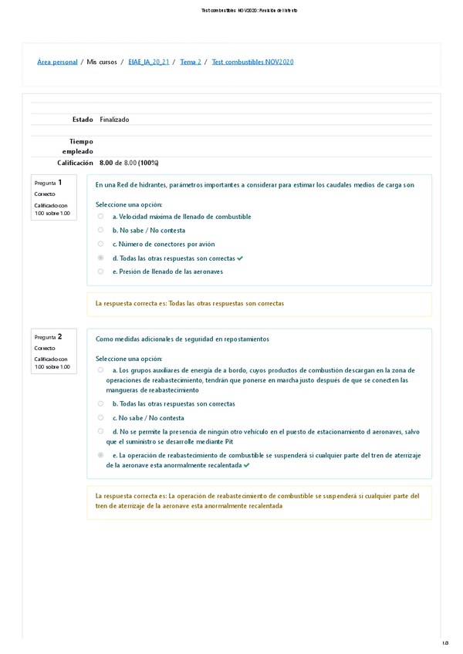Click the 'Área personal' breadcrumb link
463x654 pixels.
coord(57,62)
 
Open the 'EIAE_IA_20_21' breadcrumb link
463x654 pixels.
coord(148,62)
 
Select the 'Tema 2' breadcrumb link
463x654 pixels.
coord(191,62)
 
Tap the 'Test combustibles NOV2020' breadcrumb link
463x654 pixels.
coord(252,62)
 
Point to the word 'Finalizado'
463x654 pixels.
coord(114,120)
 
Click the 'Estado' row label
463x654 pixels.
coord(82,120)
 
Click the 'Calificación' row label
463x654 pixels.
coord(75,163)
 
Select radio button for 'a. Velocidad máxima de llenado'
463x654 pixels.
coord(100,217)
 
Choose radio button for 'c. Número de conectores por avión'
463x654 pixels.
coord(100,244)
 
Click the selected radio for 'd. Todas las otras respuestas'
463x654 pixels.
coord(100,258)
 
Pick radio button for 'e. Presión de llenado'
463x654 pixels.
coord(100,271)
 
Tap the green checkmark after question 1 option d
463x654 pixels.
coord(240,258)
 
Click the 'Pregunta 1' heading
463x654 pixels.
coord(54,183)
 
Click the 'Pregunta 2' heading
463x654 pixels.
coord(54,337)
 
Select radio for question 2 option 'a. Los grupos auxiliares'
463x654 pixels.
coord(100,370)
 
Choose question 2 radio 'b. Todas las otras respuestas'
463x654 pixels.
coord(100,403)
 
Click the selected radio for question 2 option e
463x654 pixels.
coord(100,456)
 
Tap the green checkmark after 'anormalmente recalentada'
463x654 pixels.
coord(246,466)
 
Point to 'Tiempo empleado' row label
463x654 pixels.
coord(80,147)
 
